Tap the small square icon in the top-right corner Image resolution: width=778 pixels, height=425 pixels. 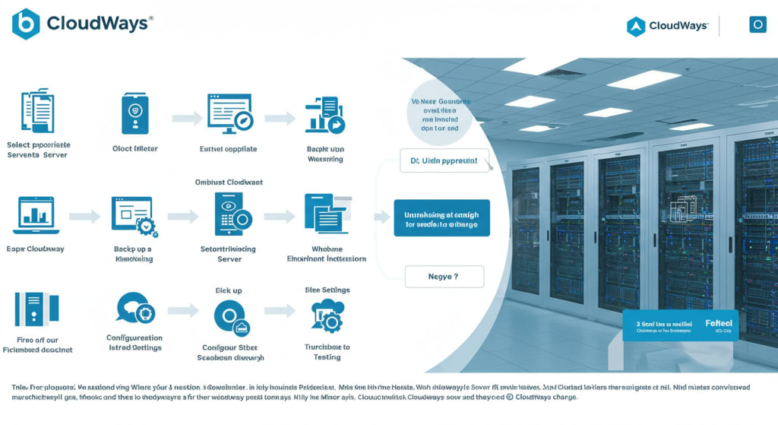pyautogui.click(x=757, y=25)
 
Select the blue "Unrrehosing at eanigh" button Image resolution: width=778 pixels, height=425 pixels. pyautogui.click(x=441, y=218)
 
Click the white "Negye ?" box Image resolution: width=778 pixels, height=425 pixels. pyautogui.click(x=444, y=277)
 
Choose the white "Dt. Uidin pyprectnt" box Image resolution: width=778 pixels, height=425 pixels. pyautogui.click(x=444, y=161)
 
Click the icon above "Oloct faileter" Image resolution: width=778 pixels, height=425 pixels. pyautogui.click(x=135, y=114)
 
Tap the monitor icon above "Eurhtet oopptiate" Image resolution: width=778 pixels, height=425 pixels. pyautogui.click(x=229, y=114)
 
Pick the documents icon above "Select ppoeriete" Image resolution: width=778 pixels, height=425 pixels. pyautogui.click(x=36, y=111)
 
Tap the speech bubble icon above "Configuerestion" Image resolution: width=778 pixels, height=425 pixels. pyautogui.click(x=135, y=309)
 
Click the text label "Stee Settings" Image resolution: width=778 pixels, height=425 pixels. pyautogui.click(x=327, y=290)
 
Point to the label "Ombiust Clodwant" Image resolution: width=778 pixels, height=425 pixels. pyautogui.click(x=229, y=182)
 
